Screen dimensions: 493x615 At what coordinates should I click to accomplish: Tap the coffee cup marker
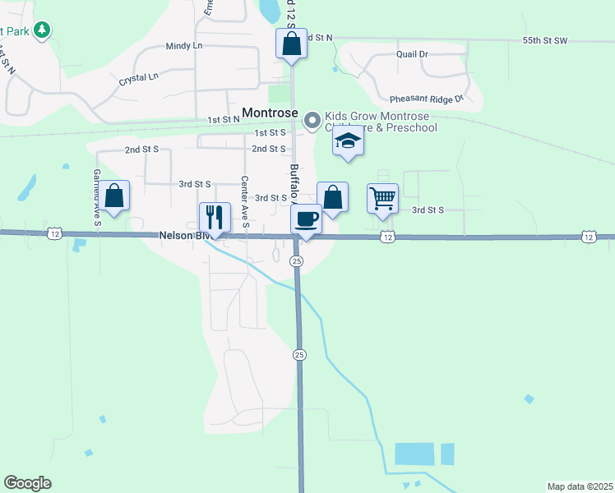pos(306,219)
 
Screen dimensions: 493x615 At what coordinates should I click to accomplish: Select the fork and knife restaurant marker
pos(212,218)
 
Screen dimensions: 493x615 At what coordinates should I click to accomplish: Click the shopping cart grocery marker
pos(382,198)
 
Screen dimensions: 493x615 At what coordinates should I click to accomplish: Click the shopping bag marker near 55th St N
pos(291,44)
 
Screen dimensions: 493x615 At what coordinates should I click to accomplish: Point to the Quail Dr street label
pos(412,54)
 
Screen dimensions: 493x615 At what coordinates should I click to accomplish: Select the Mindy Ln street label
pos(183,47)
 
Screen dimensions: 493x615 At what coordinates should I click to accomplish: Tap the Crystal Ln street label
pos(137,79)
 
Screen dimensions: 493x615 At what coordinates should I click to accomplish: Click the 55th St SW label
pos(545,40)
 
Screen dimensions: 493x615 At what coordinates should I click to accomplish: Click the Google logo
pos(27,483)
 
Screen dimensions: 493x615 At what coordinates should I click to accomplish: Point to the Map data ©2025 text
pos(580,486)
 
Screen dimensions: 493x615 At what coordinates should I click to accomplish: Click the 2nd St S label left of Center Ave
pos(142,150)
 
